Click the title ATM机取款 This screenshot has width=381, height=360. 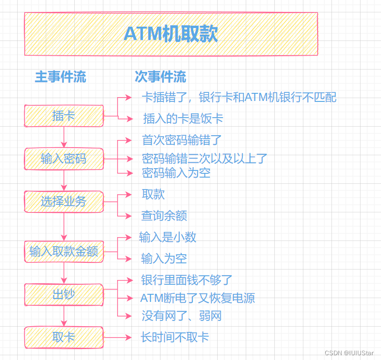170,34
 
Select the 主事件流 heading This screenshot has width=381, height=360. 60,77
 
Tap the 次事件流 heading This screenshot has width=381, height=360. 160,77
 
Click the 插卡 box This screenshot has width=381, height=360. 64,116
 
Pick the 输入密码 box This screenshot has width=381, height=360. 64,159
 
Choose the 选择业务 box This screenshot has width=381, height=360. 64,201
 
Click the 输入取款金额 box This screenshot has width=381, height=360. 64,251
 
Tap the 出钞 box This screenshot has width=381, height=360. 64,294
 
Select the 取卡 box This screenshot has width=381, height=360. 64,337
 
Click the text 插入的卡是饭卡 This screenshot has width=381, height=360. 183,119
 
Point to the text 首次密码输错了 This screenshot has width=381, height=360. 182,140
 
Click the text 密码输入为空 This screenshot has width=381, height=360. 176,173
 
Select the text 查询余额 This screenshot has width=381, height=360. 164,216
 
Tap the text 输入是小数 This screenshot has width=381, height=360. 168,237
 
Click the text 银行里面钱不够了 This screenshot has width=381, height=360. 187,280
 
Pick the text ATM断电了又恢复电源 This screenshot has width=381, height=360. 198,298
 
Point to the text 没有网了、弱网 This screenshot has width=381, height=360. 181,316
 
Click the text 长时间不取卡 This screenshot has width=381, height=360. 175,337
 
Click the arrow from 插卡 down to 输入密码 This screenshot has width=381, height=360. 64,137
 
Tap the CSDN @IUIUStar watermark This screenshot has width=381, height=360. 349,353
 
